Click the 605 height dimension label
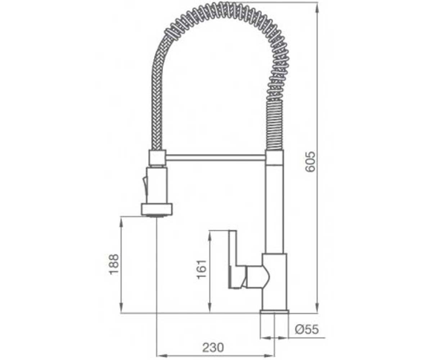tap(310, 162)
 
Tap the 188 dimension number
tap(114, 264)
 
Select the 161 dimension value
tap(202, 269)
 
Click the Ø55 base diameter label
tap(307, 329)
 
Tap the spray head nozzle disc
tap(157, 209)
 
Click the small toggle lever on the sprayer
tap(145, 185)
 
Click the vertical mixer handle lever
tap(233, 260)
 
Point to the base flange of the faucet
tap(275, 311)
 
